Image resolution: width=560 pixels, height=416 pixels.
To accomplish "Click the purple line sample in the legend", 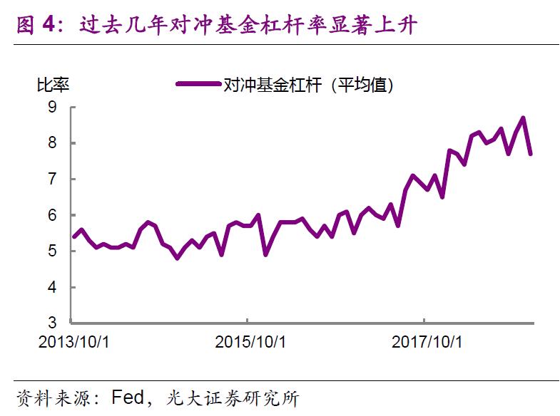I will tap(198, 85).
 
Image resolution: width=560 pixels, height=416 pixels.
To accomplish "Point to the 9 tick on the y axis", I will tap(52, 107).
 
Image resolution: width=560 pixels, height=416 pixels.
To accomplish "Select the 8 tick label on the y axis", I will tap(52, 143).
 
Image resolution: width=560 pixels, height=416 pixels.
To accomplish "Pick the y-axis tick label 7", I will tap(52, 179).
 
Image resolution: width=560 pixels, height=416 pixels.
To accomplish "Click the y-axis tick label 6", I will tap(52, 215).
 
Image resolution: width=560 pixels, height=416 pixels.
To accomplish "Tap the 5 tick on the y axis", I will tap(52, 251).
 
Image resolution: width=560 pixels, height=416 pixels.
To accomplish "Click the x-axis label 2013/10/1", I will tap(73, 342).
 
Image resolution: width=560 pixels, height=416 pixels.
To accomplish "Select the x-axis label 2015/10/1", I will tap(250, 342).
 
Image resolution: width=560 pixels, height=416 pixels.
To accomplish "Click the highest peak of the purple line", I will tap(523, 118).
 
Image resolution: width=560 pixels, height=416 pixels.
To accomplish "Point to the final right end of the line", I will tap(531, 153).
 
